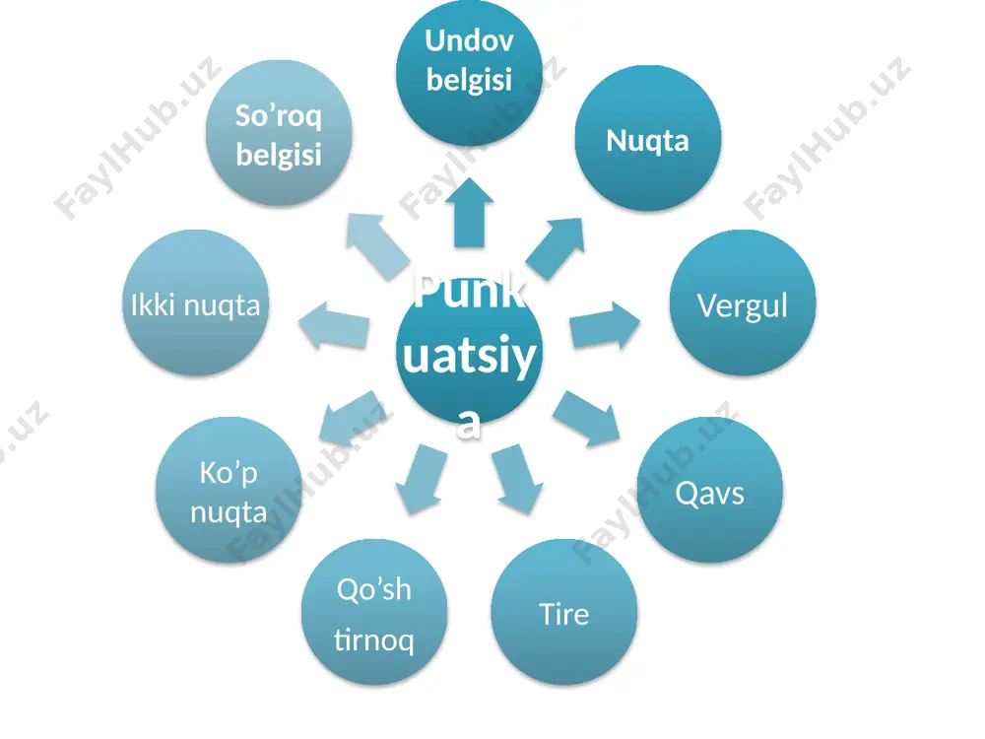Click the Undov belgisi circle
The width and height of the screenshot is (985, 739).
[469, 73]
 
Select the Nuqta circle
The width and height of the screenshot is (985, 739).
[648, 138]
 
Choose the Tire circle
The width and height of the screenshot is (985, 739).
[564, 612]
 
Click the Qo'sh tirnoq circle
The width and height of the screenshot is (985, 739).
[374, 612]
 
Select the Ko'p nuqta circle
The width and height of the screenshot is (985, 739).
[229, 490]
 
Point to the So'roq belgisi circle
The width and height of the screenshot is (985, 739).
[279, 133]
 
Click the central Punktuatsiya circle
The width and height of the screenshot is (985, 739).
[469, 351]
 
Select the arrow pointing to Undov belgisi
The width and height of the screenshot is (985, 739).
[469, 213]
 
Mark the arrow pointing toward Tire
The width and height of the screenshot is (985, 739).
[518, 479]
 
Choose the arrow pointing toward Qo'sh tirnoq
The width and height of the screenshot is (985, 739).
[422, 479]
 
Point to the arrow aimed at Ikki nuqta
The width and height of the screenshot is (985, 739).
[334, 325]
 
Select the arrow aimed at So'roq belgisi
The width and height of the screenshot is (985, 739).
[379, 245]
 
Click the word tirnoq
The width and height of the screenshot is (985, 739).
[373, 640]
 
